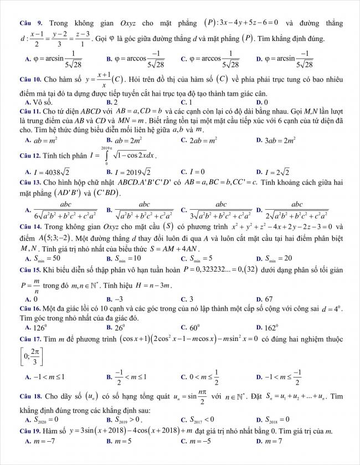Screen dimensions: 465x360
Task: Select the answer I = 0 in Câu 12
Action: click(x=199, y=172)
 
